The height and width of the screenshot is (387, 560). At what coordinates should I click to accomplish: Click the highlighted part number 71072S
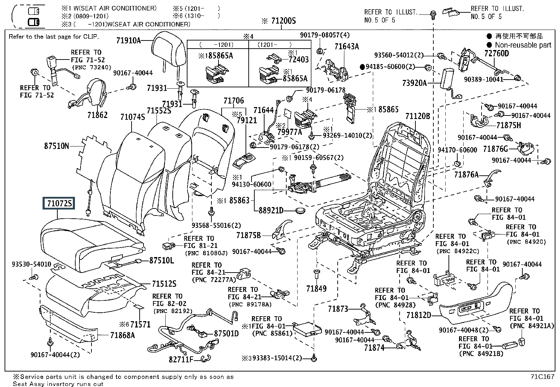pyautogui.click(x=59, y=203)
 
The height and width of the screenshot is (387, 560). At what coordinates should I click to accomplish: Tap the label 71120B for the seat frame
pyautogui.click(x=418, y=116)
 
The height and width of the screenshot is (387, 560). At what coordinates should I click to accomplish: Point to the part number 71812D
pyautogui.click(x=419, y=315)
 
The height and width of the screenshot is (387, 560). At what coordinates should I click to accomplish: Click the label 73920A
pyautogui.click(x=414, y=83)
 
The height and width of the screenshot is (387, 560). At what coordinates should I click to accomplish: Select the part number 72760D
pyautogui.click(x=496, y=54)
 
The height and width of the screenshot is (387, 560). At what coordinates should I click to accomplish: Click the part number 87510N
pyautogui.click(x=57, y=145)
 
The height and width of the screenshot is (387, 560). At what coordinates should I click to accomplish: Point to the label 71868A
pyautogui.click(x=122, y=335)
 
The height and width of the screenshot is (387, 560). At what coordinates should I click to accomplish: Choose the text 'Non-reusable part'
pyautogui.click(x=523, y=45)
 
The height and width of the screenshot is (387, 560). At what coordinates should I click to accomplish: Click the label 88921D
pyautogui.click(x=271, y=210)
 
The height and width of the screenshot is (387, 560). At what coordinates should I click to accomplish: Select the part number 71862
pyautogui.click(x=97, y=115)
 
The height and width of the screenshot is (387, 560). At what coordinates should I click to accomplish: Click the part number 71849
pyautogui.click(x=316, y=289)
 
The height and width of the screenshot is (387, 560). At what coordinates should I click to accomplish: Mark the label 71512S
pyautogui.click(x=164, y=283)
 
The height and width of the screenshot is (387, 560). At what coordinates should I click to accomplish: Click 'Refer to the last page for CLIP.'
pyautogui.click(x=54, y=37)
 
